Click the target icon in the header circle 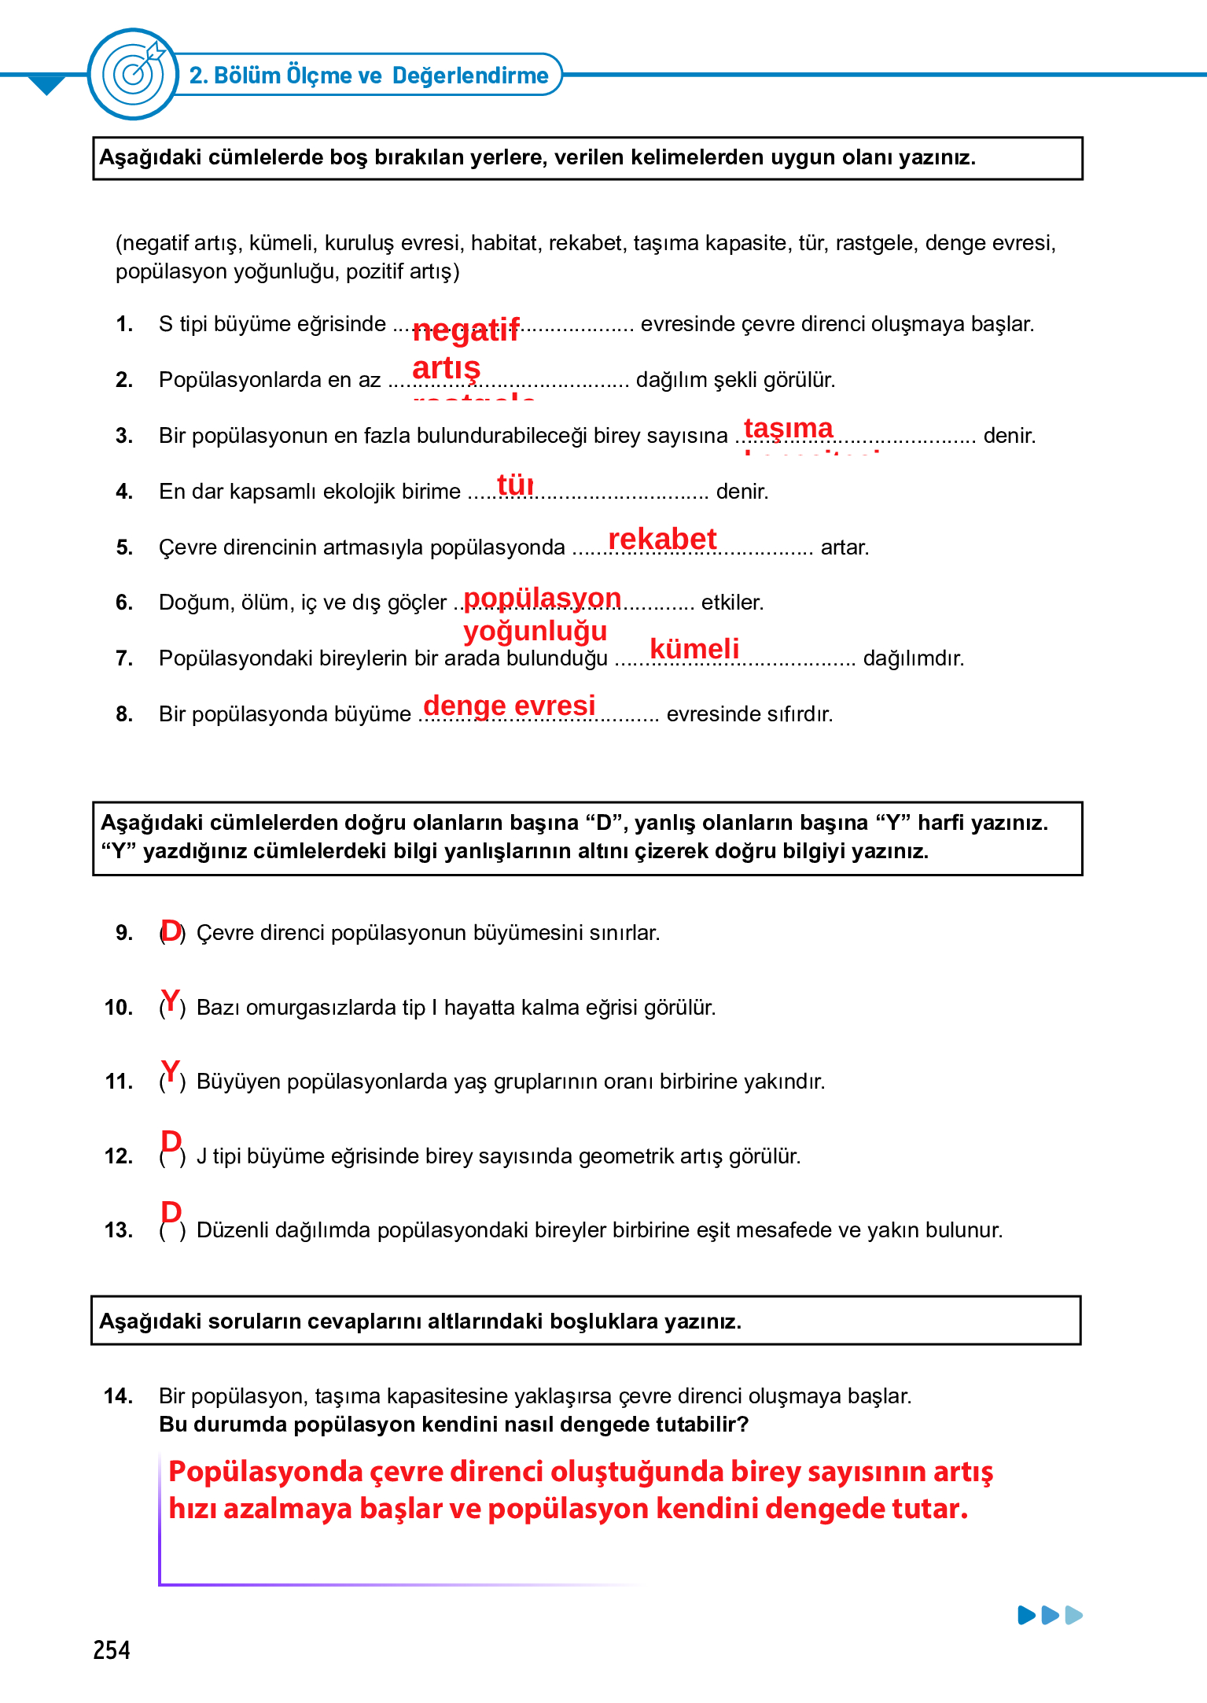[134, 74]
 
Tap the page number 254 [112, 1650]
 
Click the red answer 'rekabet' [662, 539]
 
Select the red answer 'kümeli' [694, 648]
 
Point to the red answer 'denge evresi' [510, 705]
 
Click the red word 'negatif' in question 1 [466, 330]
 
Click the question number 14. [118, 1396]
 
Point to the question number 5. [123, 547]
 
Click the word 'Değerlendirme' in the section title [470, 76]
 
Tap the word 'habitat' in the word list [506, 243]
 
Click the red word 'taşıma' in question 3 [788, 428]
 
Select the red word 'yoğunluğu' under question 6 [535, 631]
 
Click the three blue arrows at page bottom [1050, 1616]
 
